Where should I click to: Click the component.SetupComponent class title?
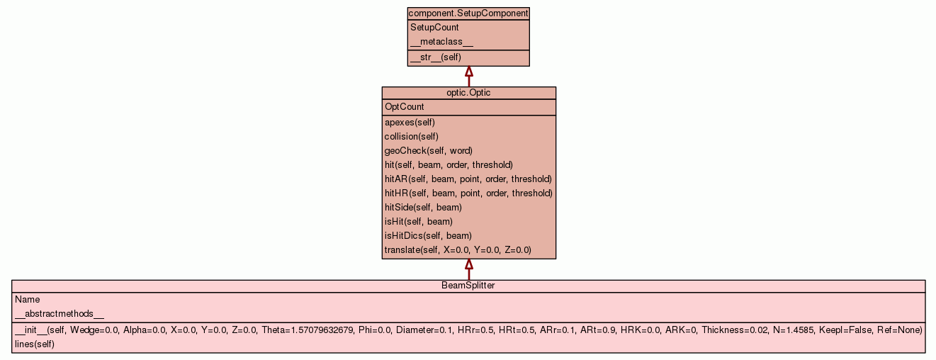468,13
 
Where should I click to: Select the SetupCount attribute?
434,28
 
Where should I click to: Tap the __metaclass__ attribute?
441,42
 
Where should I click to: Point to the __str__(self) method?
436,57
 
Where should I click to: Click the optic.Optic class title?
468,93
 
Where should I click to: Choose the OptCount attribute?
405,107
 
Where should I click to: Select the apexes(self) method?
410,123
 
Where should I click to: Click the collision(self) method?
412,137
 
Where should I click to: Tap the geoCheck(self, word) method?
429,151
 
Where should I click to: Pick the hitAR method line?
468,179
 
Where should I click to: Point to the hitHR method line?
469,193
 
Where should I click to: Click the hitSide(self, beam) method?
423,208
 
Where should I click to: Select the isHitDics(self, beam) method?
428,236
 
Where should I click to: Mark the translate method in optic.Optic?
458,250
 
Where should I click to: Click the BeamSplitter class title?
468,286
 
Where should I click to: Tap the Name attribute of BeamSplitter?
28,300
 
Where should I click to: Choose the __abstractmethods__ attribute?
60,314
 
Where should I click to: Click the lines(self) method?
35,344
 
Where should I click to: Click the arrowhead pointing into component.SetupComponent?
469,72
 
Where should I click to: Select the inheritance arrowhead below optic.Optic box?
469,264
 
